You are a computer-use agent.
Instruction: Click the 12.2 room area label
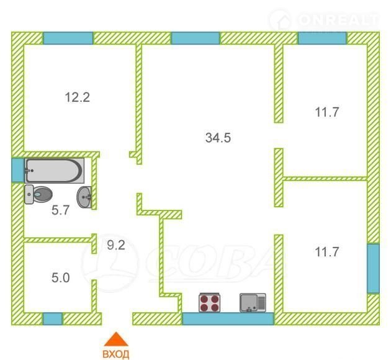pos(78,97)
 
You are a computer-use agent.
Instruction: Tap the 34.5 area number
pos(218,138)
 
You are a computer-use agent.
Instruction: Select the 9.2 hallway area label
pos(116,245)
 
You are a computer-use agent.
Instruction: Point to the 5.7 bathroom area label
pos(60,210)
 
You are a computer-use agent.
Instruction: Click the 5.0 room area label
pos(61,277)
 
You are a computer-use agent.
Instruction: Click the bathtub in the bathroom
pos(55,171)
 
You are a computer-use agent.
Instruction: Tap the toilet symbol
pos(38,194)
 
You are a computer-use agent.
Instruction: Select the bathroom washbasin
pos(84,197)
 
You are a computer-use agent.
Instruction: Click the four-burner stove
pos(210,302)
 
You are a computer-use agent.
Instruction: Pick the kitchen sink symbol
pos(253,303)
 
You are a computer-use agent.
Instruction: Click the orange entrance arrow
pos(116,340)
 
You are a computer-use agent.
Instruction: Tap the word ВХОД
pos(116,354)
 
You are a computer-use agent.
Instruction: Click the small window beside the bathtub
pos(18,170)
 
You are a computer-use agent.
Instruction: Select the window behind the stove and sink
pos(228,318)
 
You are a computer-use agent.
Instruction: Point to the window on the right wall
pos(373,268)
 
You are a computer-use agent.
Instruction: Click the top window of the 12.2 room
pos(68,38)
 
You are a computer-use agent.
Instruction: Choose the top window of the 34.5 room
pos(195,38)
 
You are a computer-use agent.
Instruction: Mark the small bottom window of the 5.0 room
pos(52,319)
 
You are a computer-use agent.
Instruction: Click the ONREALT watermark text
pos(339,19)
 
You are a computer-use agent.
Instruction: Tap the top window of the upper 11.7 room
pos(323,38)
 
